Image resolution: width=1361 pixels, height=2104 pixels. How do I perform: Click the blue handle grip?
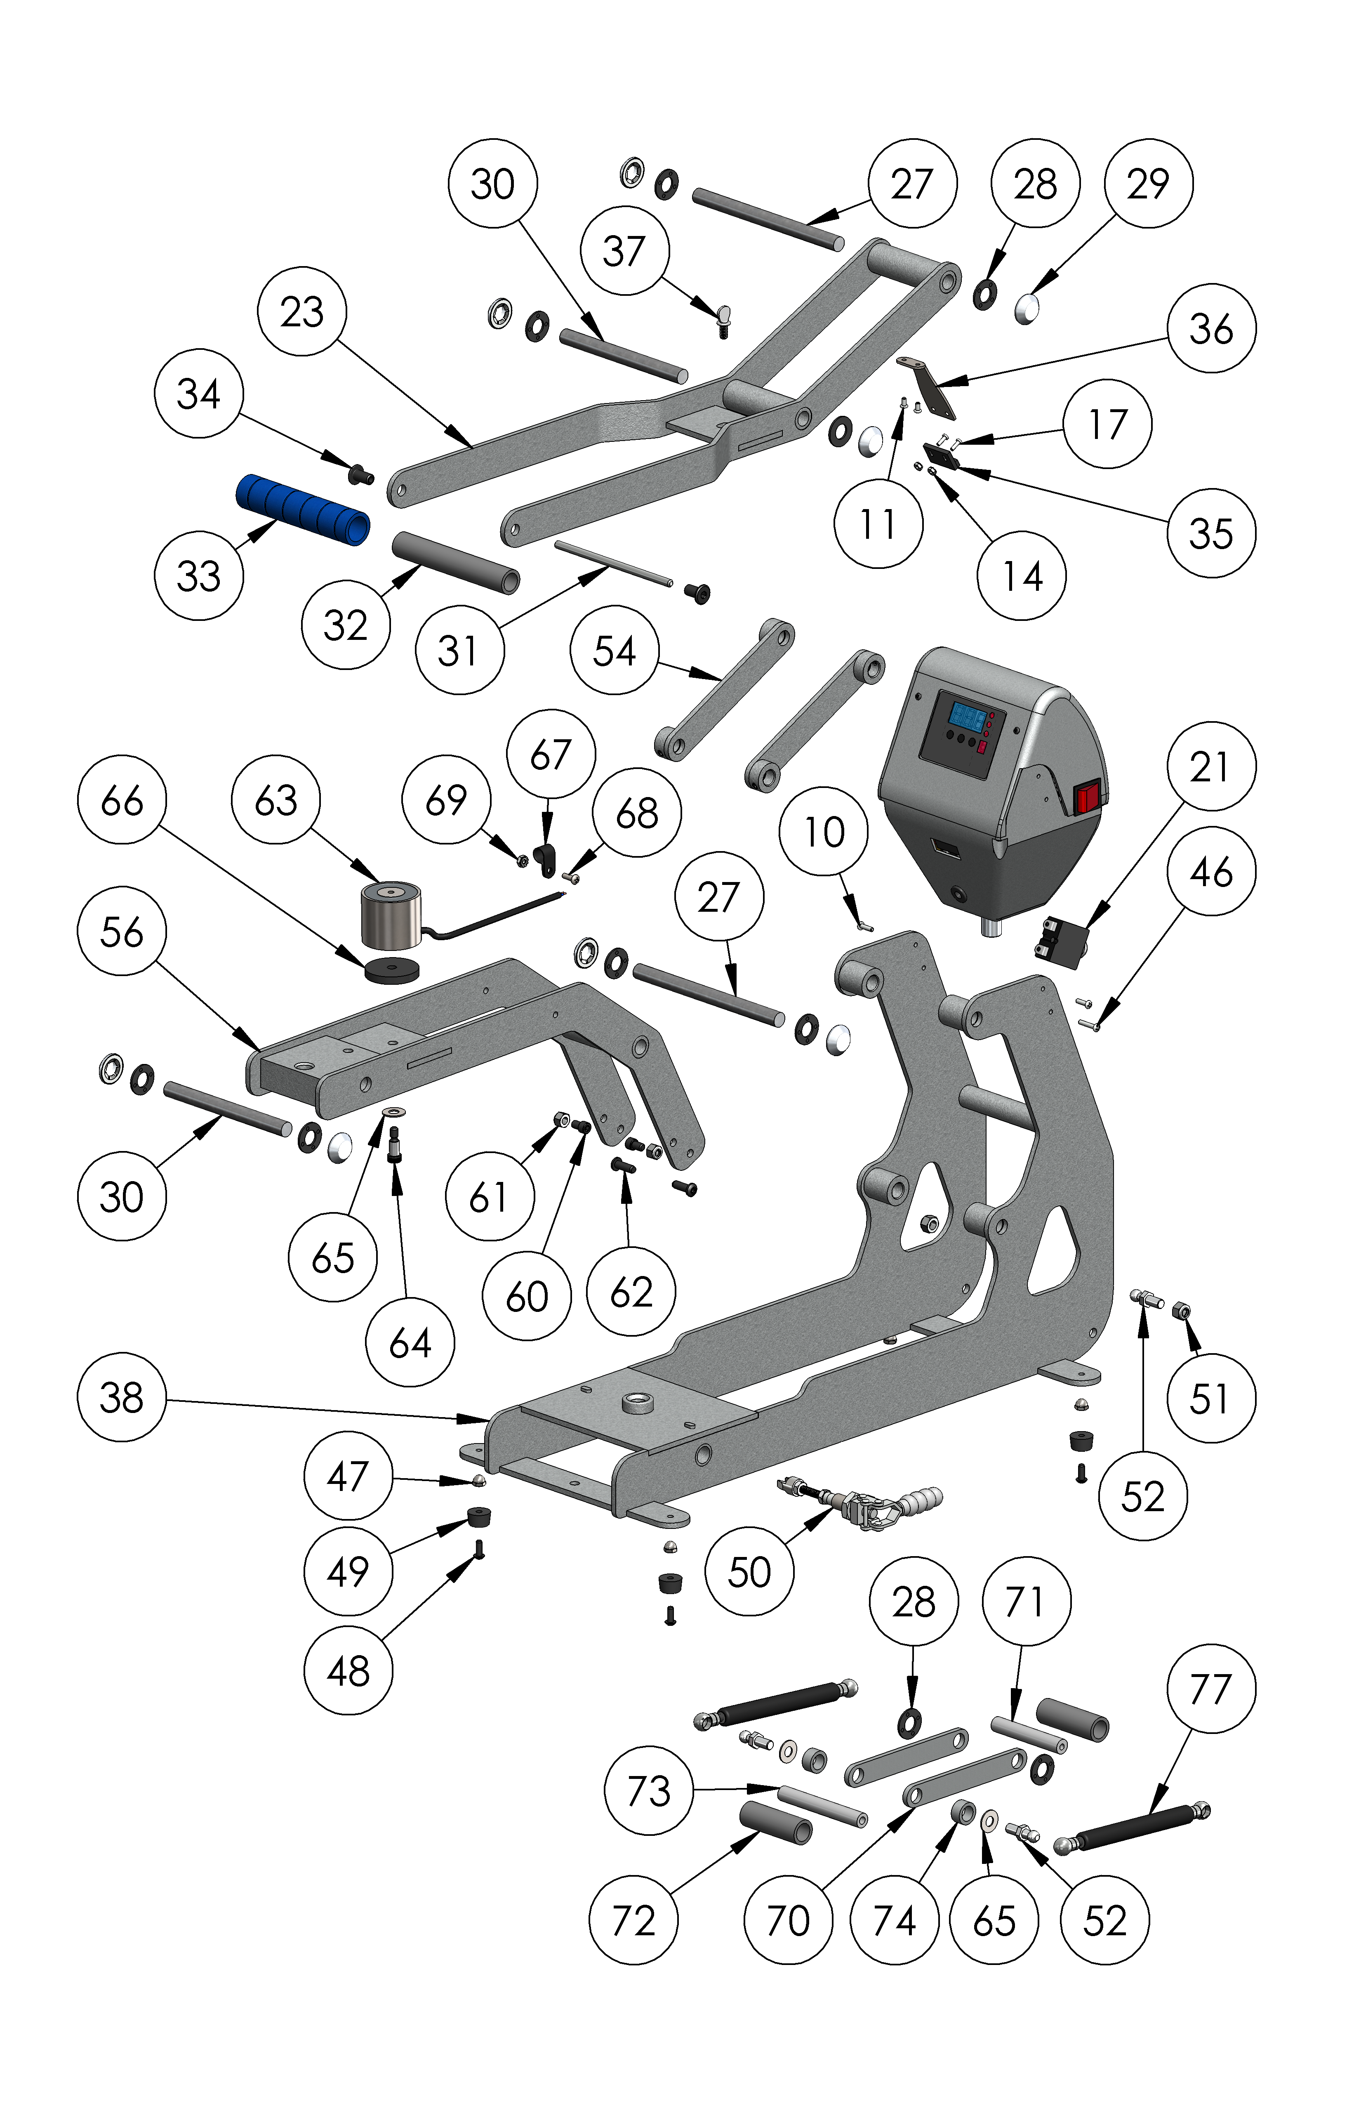point(302,511)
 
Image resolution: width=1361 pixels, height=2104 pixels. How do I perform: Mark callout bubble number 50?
point(749,1572)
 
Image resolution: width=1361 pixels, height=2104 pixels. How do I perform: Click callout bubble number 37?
point(624,251)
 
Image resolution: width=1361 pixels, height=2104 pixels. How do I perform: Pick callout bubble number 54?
point(614,651)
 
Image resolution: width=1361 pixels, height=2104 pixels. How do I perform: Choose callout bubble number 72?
point(633,1920)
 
